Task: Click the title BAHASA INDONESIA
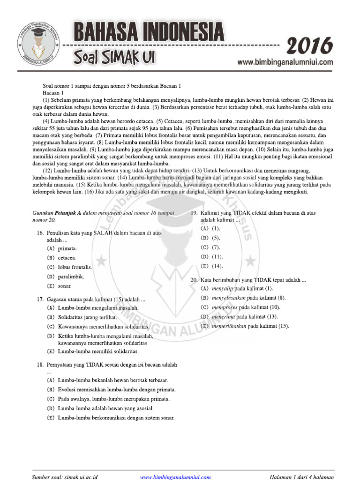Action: [148, 32]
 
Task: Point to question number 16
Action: [40, 233]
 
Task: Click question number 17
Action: [40, 299]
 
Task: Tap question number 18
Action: [40, 364]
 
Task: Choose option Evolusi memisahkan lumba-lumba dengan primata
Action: [117, 390]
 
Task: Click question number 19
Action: [194, 213]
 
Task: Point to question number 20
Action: [194, 279]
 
